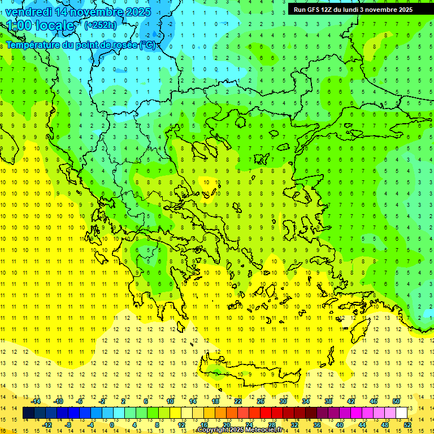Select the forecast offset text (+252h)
click(x=101, y=25)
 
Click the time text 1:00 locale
click(x=41, y=25)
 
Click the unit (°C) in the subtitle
click(x=148, y=45)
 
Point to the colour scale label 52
click(x=407, y=424)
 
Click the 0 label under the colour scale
click(x=112, y=424)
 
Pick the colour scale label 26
click(x=261, y=401)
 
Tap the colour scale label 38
click(x=328, y=401)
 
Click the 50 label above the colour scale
click(x=396, y=401)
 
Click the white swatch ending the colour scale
click(x=401, y=413)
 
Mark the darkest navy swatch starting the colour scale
click(x=28, y=413)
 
